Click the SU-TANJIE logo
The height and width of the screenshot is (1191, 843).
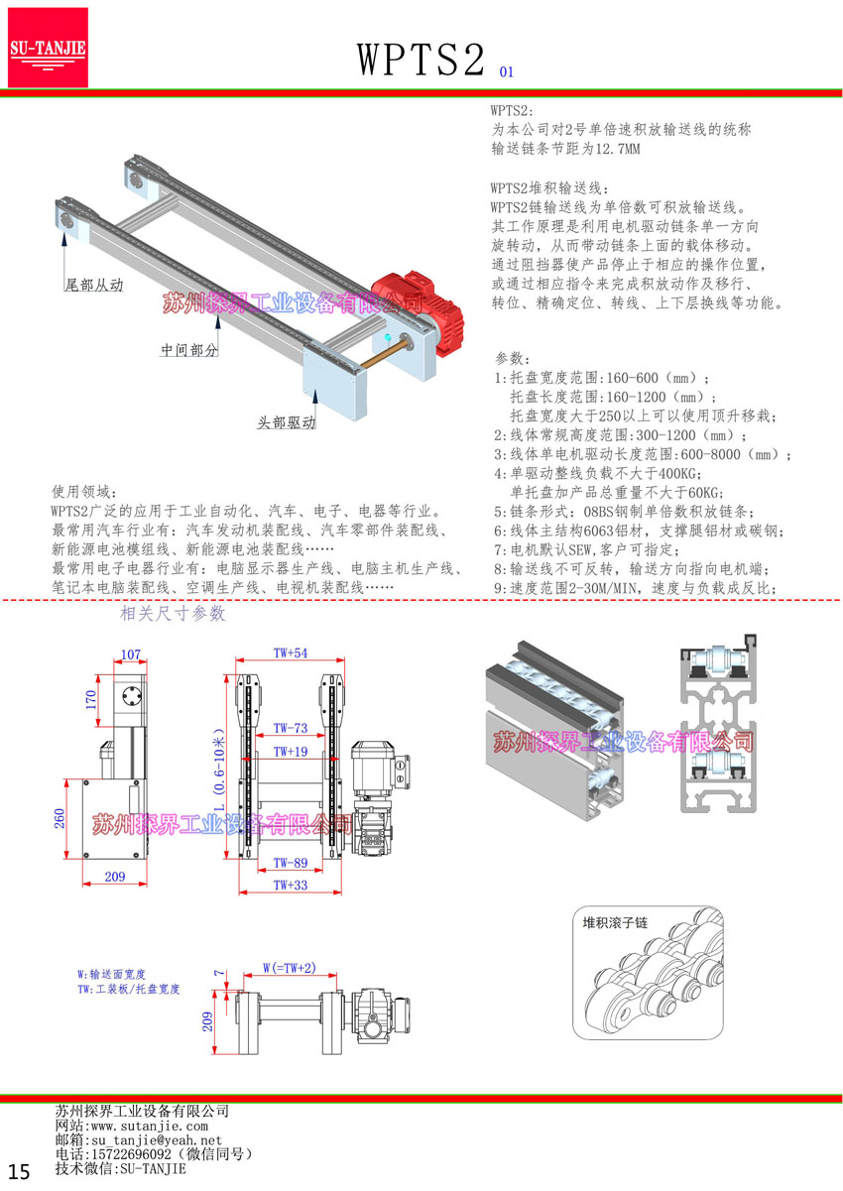coord(48,47)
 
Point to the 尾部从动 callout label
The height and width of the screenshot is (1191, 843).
coord(94,285)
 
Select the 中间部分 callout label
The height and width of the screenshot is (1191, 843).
coord(189,350)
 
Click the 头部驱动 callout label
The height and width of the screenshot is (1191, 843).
coord(287,422)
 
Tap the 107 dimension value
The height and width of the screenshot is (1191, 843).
coord(130,655)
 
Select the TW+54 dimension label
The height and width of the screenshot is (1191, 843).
coord(291,653)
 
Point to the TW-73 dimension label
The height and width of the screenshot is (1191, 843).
coord(291,729)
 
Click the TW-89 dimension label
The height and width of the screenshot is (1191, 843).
coord(291,862)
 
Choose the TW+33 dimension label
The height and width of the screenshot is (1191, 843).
coord(291,885)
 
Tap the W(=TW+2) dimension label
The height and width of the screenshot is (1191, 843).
coord(289,967)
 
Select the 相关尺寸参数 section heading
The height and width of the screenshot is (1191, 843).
coord(173,614)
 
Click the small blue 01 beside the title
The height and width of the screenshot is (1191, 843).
coord(507,71)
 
